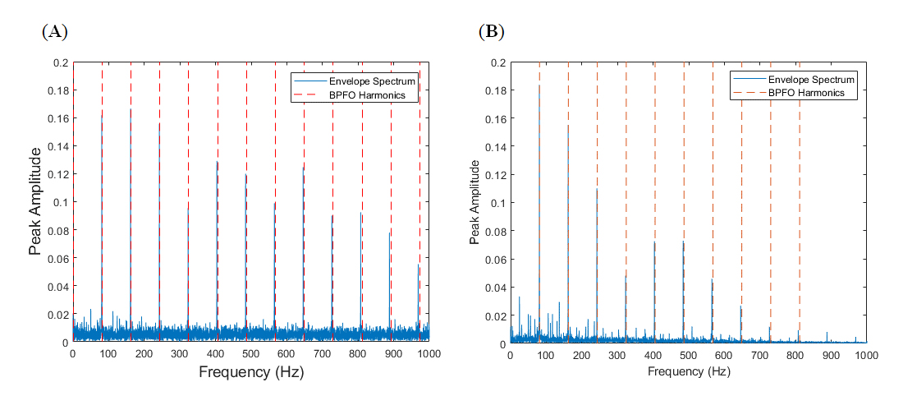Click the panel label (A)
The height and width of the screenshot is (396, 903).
tap(54, 32)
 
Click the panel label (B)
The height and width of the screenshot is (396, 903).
tap(491, 32)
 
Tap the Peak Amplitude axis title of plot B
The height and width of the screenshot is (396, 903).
tap(474, 202)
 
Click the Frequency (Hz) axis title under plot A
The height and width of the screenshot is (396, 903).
tap(250, 372)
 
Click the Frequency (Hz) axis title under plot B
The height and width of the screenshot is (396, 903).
tap(688, 371)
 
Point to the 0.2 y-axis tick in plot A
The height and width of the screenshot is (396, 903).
tap(60, 62)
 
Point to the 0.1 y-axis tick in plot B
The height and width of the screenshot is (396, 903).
tap(498, 202)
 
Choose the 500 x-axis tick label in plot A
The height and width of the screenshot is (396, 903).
tap(250, 353)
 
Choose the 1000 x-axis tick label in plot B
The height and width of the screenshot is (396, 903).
tap(866, 354)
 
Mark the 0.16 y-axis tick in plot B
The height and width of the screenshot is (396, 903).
tap(495, 118)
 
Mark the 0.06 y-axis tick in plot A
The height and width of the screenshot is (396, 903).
tap(57, 258)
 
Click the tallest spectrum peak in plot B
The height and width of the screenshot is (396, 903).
tap(539, 85)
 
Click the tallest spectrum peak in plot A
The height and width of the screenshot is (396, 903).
tap(131, 109)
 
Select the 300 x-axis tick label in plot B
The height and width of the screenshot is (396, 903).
tap(617, 354)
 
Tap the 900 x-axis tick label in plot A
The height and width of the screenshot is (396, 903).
tap(393, 353)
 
